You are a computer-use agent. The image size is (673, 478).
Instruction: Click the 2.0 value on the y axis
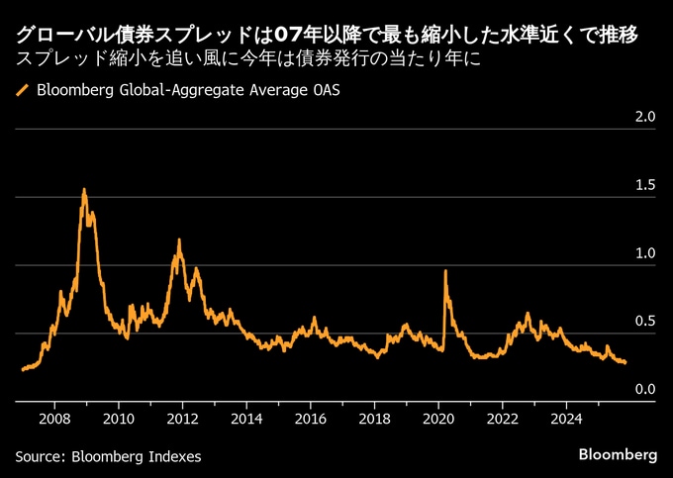point(645,117)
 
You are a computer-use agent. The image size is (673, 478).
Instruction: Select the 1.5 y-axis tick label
point(645,185)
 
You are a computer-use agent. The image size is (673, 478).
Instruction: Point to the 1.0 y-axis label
point(645,253)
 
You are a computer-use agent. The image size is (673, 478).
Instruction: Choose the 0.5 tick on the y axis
point(645,322)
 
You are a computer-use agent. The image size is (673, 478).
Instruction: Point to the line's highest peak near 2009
point(84,189)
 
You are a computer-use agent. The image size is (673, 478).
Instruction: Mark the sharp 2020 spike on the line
point(445,270)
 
